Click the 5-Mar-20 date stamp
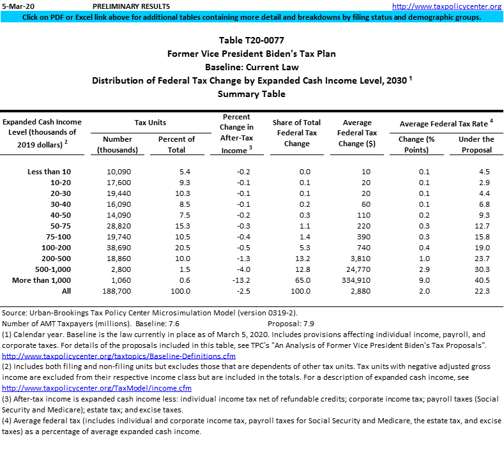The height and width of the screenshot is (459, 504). (x=17, y=6)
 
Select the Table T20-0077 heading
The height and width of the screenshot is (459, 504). (x=252, y=41)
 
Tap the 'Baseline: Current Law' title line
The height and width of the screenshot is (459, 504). (x=252, y=67)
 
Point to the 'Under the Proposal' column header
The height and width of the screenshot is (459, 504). (x=475, y=144)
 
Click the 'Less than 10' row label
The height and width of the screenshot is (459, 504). (x=50, y=172)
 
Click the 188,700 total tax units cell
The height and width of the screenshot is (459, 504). (x=117, y=291)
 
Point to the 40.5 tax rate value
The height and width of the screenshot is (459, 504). (x=482, y=280)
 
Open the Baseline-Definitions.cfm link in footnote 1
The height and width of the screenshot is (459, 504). (x=119, y=356)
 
